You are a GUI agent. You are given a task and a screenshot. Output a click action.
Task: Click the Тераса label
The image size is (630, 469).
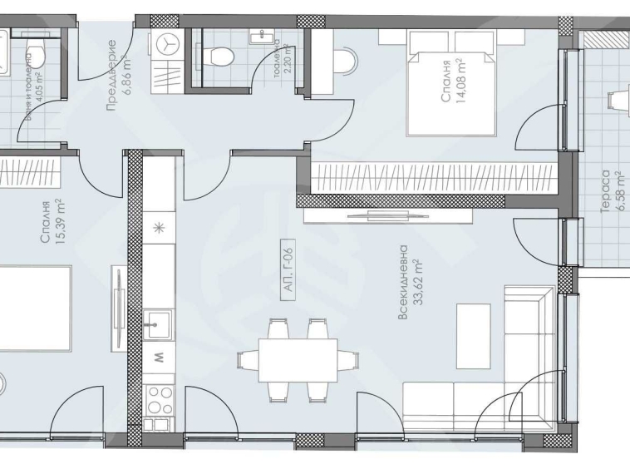(606, 190)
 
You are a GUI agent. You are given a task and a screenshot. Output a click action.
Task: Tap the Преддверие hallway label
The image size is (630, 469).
(111, 75)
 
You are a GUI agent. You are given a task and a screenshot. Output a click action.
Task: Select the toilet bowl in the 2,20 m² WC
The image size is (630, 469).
(220, 57)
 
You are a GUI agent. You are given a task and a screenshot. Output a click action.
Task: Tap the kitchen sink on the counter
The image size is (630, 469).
(157, 323)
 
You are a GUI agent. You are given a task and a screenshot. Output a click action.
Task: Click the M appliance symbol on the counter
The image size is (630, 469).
(159, 358)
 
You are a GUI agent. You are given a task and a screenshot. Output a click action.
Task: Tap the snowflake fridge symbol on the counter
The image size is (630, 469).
(159, 227)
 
